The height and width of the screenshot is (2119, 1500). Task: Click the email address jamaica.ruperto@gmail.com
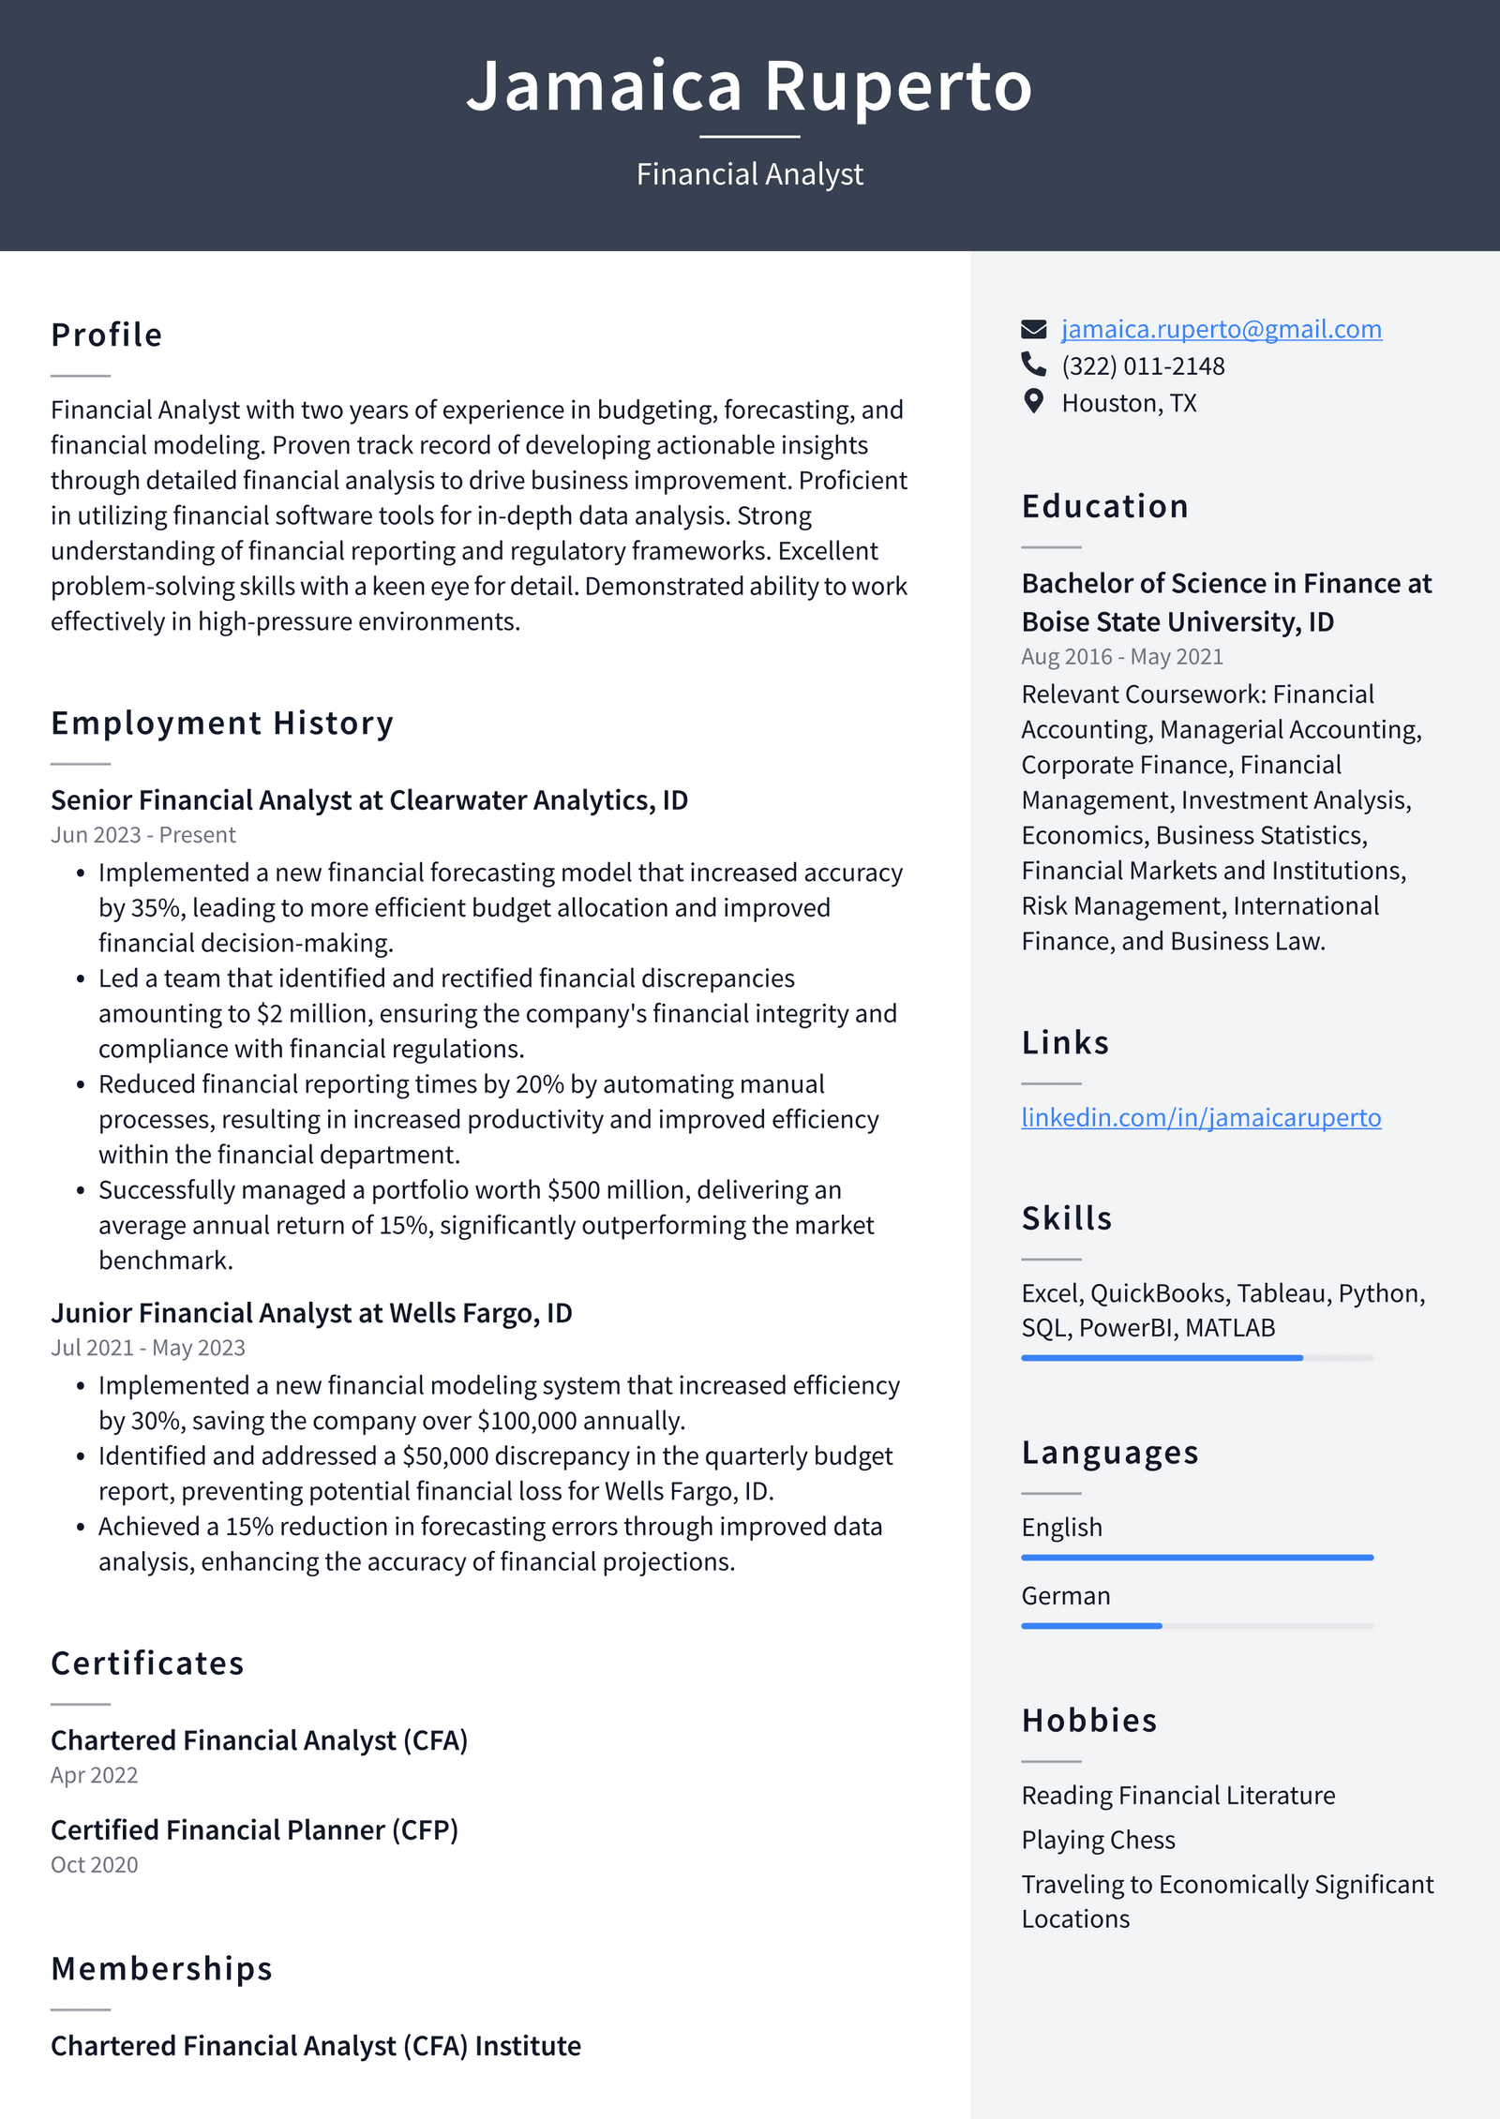click(x=1221, y=329)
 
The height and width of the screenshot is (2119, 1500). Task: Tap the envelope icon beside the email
click(x=1033, y=329)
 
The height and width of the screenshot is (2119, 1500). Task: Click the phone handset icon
click(x=1033, y=364)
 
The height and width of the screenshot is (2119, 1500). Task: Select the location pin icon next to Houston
click(x=1033, y=401)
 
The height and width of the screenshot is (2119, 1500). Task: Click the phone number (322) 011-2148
click(x=1142, y=366)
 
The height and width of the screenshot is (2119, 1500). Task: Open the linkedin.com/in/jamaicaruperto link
click(x=1200, y=1117)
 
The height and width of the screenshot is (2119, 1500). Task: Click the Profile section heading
click(x=107, y=335)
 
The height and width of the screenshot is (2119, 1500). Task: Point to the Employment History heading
click(x=222, y=723)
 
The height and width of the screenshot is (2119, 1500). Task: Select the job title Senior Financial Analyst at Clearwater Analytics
click(x=369, y=800)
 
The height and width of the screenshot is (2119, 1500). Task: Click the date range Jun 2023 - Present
click(x=143, y=835)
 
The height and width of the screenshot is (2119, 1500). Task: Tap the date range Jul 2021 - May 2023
click(x=148, y=1348)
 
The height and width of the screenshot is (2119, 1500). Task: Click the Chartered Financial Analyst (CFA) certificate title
click(x=259, y=1740)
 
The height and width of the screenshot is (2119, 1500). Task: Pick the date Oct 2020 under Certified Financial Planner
click(x=94, y=1865)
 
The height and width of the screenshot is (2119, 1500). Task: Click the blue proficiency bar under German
click(x=1091, y=1626)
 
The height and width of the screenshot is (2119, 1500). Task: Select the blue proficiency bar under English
click(x=1196, y=1558)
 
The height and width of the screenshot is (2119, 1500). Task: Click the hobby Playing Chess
click(x=1098, y=1840)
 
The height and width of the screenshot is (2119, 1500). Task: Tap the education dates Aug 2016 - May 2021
click(x=1122, y=657)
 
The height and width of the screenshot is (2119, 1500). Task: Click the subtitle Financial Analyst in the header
click(x=750, y=174)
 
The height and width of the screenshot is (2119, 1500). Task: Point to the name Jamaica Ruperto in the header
click(x=750, y=86)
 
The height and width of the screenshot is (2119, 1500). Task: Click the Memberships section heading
click(x=161, y=1969)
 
